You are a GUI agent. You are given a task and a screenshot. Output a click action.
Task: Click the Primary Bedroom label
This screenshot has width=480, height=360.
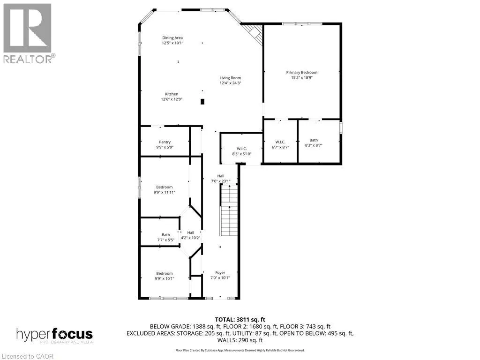point(302,73)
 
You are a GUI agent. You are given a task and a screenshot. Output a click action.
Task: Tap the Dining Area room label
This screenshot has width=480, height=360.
point(172,37)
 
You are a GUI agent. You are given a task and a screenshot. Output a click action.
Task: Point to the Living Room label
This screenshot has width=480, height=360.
point(230,78)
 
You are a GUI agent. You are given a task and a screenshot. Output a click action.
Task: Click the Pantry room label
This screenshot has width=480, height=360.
point(165,142)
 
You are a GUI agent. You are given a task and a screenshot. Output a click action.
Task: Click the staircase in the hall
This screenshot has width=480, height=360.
point(229,211)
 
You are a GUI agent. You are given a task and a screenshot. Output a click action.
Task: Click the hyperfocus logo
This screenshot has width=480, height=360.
point(54,335)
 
